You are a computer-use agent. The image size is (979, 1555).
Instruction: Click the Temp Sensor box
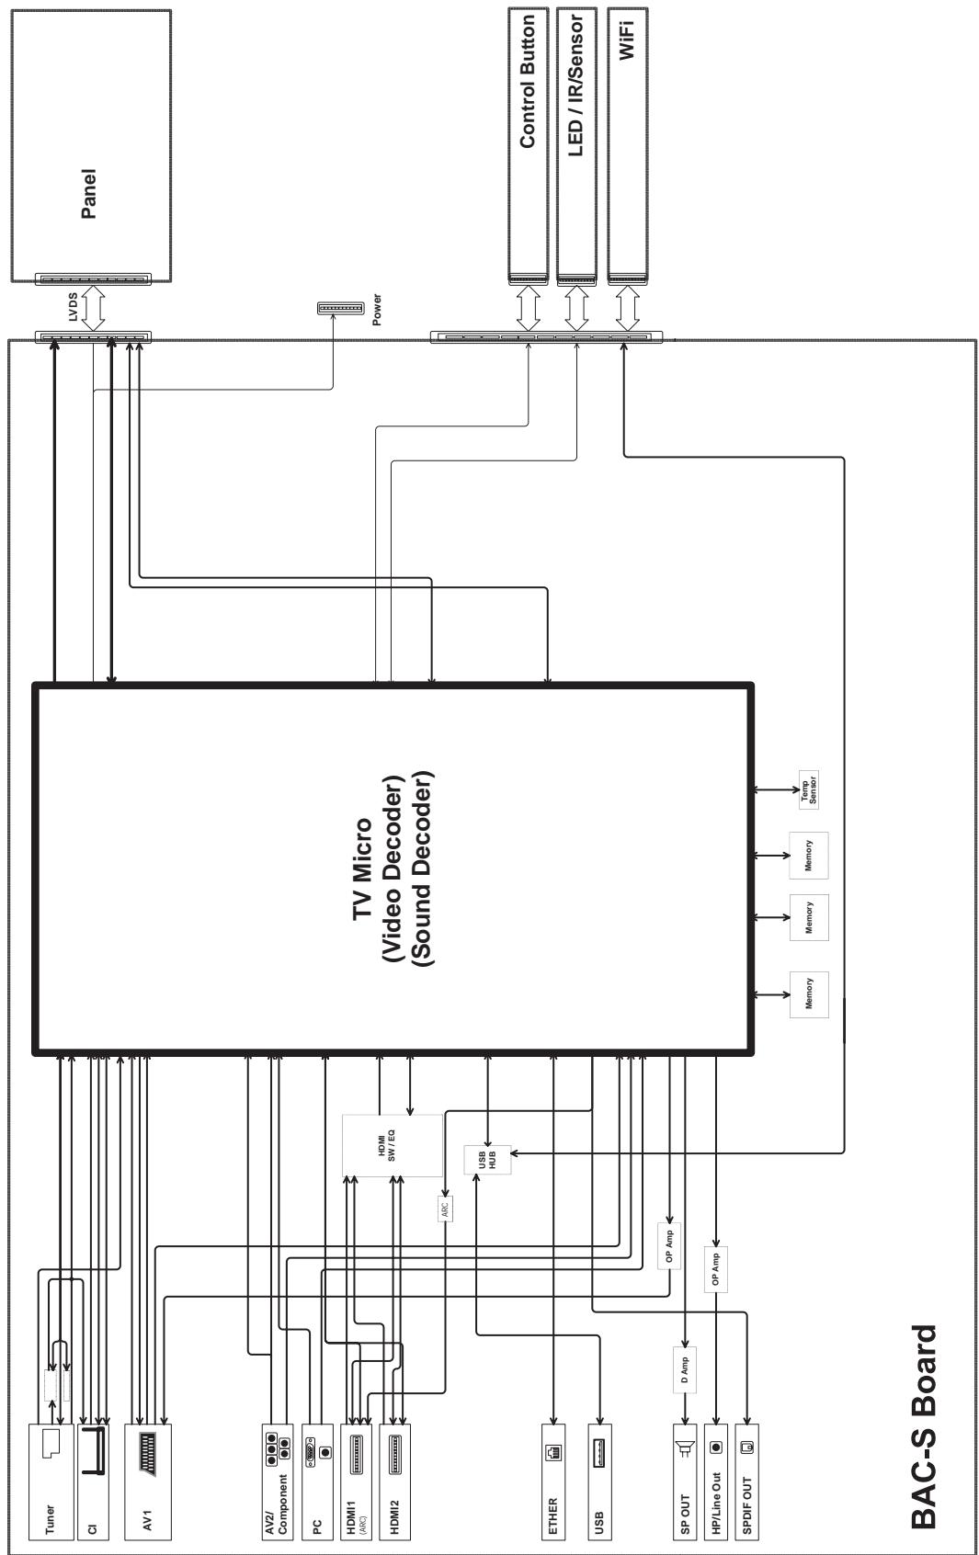coord(808,790)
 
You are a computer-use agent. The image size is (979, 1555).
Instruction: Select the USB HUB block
coord(487,1159)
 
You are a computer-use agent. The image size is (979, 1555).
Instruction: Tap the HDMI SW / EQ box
coord(393,1145)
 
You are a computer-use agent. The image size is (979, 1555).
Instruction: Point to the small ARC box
coord(446,1209)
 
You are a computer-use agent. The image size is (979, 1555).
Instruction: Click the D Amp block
coord(685,1370)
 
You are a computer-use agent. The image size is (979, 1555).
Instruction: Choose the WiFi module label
coord(626,40)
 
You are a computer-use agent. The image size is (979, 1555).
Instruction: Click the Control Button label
coord(528,81)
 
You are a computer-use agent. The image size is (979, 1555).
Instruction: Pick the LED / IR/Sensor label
coord(575,85)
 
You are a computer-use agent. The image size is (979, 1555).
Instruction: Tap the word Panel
coord(89,194)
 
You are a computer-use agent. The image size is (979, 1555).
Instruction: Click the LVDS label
coord(73,307)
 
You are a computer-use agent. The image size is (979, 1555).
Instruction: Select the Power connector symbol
coord(340,308)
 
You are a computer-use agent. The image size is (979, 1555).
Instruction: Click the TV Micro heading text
coord(362,869)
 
